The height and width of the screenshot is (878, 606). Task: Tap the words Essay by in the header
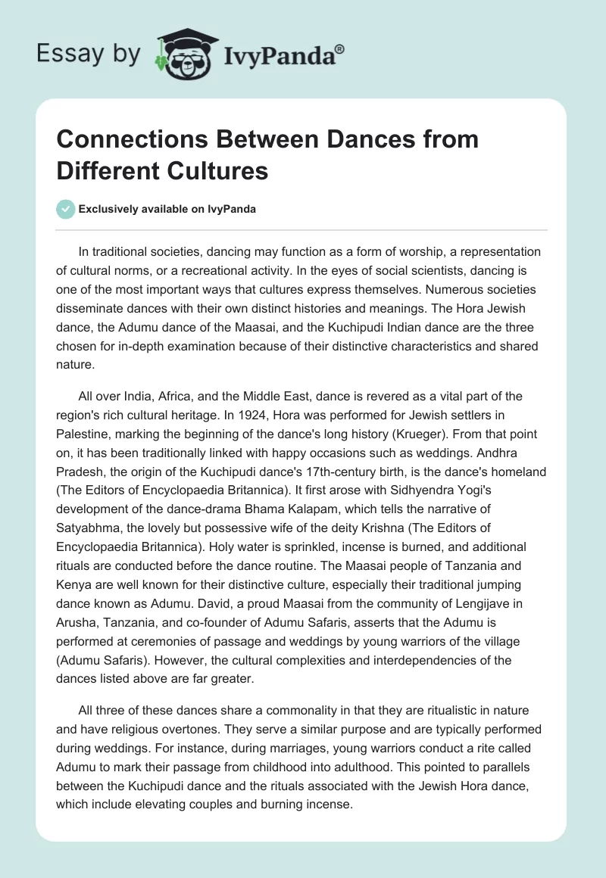[89, 54]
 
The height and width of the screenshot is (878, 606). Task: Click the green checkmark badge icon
[66, 209]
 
